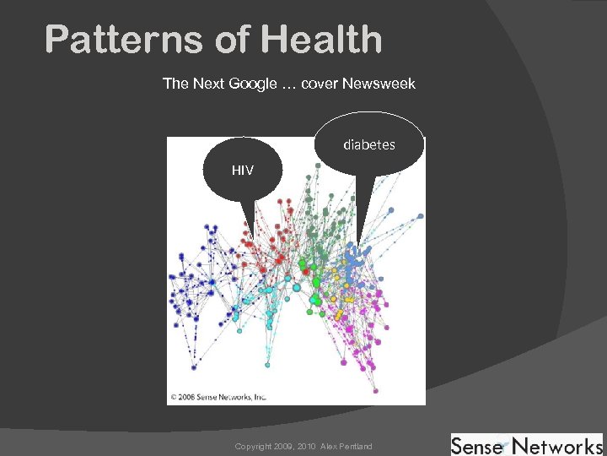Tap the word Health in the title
pyautogui.click(x=322, y=39)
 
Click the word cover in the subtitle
pyautogui.click(x=320, y=84)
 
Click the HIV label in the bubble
pyautogui.click(x=243, y=171)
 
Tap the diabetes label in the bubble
pyautogui.click(x=368, y=145)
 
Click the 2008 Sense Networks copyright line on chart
pyautogui.click(x=218, y=395)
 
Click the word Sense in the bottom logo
pyautogui.click(x=479, y=445)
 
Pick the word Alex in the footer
pyautogui.click(x=327, y=446)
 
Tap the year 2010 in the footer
pyautogui.click(x=303, y=446)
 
